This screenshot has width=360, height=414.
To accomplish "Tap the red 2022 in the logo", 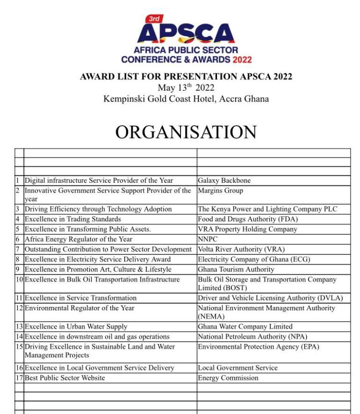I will click(x=242, y=59).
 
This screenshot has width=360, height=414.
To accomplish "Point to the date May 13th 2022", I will click(x=186, y=88).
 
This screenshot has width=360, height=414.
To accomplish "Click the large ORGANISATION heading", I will click(x=186, y=132).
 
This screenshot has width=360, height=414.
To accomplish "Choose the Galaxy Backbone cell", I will click(x=224, y=180).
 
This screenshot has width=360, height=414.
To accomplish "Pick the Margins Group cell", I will click(x=220, y=191).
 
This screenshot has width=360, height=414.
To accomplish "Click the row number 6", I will click(x=17, y=239).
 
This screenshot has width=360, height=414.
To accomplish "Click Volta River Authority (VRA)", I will click(x=241, y=249).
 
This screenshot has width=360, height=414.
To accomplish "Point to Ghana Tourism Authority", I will click(x=236, y=269).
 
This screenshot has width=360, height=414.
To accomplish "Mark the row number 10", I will click(x=19, y=279).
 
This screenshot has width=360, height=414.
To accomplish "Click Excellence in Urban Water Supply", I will click(x=76, y=327).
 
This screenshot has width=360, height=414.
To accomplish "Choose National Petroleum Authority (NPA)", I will click(x=252, y=336).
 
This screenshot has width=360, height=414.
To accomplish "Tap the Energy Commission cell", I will click(x=228, y=378).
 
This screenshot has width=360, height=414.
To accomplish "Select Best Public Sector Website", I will click(x=65, y=378).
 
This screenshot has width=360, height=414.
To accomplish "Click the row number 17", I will click(x=19, y=378).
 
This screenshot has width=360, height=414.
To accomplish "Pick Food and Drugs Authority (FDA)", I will click(x=247, y=219).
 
